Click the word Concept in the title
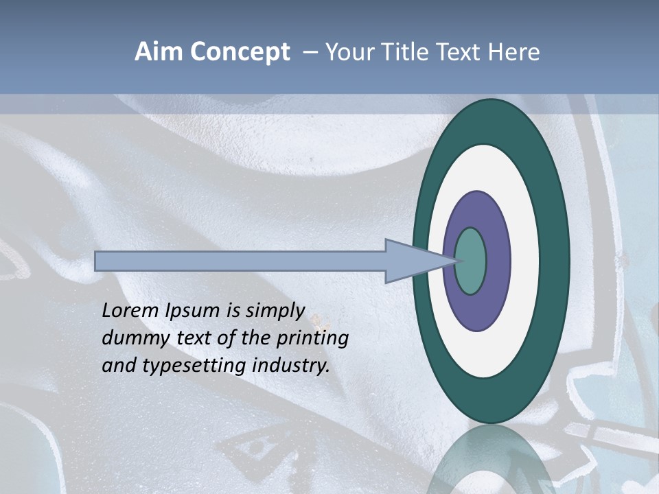click(240, 52)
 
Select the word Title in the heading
click(406, 52)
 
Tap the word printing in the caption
click(311, 338)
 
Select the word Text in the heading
click(461, 52)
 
